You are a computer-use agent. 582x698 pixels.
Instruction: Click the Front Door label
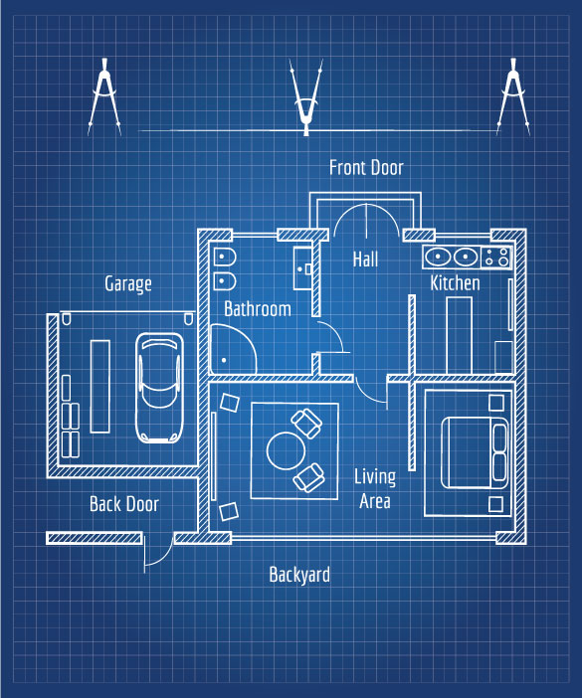tap(366, 167)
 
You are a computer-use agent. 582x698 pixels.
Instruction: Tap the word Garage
tap(128, 284)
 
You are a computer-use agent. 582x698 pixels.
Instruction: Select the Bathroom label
tap(258, 308)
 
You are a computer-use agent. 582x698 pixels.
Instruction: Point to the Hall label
tap(365, 259)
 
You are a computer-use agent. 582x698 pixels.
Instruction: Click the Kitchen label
tap(455, 283)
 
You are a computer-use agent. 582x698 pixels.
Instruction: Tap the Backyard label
tap(299, 575)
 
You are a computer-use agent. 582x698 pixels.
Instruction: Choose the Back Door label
tap(124, 504)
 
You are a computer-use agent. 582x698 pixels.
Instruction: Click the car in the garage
tap(159, 388)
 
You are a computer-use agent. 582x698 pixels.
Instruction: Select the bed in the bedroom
tap(475, 452)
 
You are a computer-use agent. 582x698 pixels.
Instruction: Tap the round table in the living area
tap(286, 451)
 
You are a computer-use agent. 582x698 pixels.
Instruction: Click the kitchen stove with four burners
tap(496, 258)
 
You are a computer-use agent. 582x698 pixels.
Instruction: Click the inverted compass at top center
tap(305, 97)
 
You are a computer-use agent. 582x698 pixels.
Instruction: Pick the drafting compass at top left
tap(104, 96)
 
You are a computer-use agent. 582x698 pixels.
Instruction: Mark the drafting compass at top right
tap(513, 96)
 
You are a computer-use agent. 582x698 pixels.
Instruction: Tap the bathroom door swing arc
tap(337, 333)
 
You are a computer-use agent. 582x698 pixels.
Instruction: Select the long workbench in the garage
tap(100, 387)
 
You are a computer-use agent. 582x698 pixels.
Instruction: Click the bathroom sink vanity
tap(302, 268)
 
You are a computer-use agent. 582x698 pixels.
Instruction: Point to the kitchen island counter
tap(459, 335)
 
